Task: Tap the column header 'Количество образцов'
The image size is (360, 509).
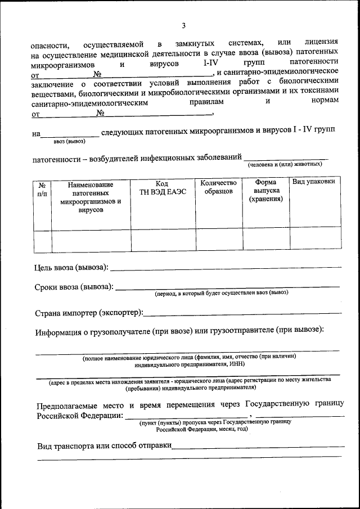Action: (x=219, y=187)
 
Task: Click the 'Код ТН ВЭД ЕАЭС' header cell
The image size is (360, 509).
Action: (x=163, y=187)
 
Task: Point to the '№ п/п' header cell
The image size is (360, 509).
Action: (x=42, y=189)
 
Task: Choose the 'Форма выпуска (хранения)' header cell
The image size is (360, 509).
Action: (x=267, y=191)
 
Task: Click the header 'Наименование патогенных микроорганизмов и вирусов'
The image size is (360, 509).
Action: (x=91, y=197)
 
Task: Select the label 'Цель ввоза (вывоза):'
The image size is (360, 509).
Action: (x=71, y=267)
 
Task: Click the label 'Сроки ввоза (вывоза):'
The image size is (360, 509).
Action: (x=73, y=287)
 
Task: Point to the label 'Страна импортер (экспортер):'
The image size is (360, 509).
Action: (x=89, y=312)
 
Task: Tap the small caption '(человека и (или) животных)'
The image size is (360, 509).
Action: (x=285, y=164)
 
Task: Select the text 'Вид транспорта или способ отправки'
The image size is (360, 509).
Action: (x=105, y=447)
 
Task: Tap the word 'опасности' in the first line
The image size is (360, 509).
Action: (x=51, y=44)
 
